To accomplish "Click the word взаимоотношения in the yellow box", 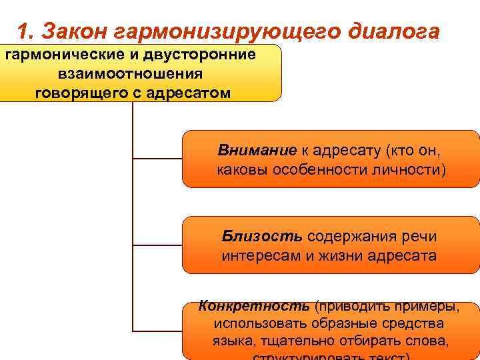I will tap(131, 73).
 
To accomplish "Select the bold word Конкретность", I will tap(254, 307).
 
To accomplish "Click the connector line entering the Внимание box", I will tap(157, 159).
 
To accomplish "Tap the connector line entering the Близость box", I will tap(157, 245).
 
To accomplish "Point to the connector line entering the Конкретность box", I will tap(157, 331).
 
